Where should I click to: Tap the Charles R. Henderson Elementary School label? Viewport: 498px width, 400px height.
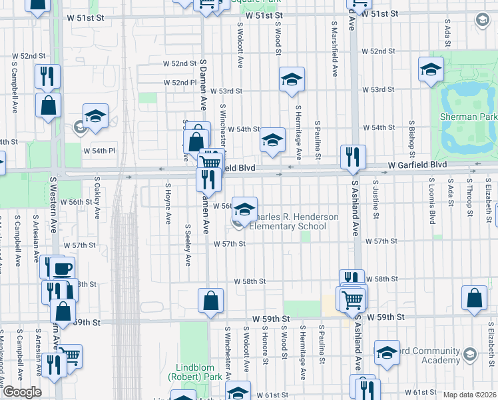(x=288, y=221)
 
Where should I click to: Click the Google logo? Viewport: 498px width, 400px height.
(x=22, y=392)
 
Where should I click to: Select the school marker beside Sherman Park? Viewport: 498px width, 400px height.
(x=431, y=70)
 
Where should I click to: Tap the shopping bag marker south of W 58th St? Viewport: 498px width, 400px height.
(x=210, y=301)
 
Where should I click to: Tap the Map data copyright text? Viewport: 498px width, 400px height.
(x=469, y=395)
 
